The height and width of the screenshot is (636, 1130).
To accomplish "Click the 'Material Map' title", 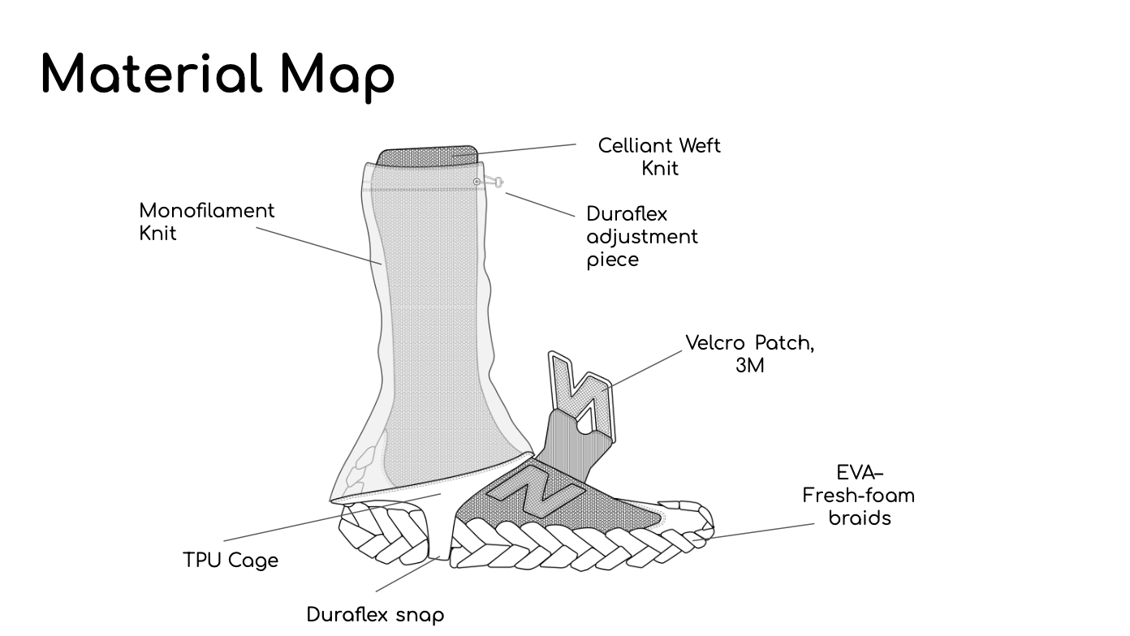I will (x=218, y=75).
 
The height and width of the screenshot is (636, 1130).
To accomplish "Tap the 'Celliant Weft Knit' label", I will (x=659, y=157).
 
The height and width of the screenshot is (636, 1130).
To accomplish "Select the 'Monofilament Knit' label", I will (x=207, y=221).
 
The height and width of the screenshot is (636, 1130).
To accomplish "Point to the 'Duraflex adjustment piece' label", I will (x=641, y=237).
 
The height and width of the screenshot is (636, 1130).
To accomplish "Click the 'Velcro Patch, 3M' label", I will (x=749, y=354).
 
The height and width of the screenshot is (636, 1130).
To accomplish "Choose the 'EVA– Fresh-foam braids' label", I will (x=859, y=495).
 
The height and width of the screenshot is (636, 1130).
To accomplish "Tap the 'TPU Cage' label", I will (x=231, y=561).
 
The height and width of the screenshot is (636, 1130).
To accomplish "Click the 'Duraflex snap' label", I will (x=375, y=615).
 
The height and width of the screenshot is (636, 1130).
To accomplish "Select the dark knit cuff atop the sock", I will (x=429, y=154).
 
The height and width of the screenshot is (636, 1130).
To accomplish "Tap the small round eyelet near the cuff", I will (x=477, y=182).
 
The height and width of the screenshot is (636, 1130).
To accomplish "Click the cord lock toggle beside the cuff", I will (x=495, y=183).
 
